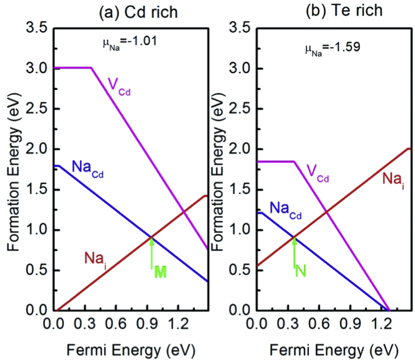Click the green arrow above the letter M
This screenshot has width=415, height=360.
point(152,253)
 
